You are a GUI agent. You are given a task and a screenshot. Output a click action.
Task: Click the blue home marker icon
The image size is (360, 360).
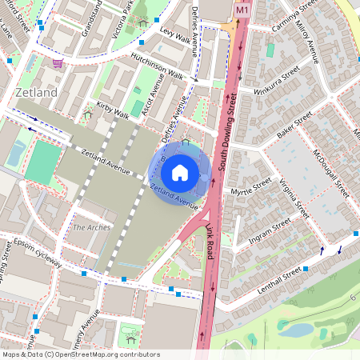coord(180,173)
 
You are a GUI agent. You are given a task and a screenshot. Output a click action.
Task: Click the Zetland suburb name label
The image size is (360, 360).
coord(36,93)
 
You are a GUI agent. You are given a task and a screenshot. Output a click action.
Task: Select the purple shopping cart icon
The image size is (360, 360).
coord(58,62)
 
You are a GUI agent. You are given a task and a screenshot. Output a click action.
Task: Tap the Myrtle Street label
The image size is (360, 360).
coord(250,190)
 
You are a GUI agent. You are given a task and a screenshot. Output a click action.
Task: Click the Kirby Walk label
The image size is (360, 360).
coord(112,110)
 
